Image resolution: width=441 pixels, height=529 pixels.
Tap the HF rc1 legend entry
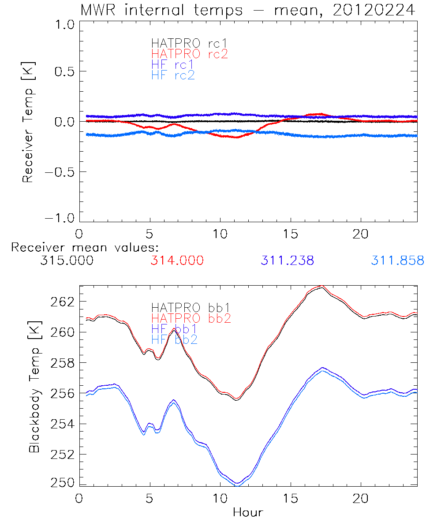point(172,64)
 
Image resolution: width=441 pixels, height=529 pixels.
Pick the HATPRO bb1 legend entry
point(191,307)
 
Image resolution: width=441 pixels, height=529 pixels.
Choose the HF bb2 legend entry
point(174,339)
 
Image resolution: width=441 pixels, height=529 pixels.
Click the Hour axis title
point(248,512)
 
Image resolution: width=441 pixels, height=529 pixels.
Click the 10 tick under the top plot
point(220,234)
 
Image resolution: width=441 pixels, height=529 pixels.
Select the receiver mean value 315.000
point(67,261)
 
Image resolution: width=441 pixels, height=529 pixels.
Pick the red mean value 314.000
point(177,261)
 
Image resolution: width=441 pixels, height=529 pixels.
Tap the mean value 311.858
point(397,261)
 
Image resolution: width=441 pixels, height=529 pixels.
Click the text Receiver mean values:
point(85,247)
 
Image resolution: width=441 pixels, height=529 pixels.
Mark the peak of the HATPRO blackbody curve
point(322,287)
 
